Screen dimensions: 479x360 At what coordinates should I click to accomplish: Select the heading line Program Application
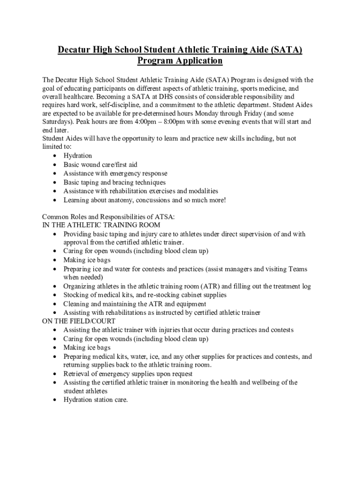pyautogui.click(x=180, y=61)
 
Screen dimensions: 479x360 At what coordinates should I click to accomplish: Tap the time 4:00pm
pyautogui.click(x=140, y=122)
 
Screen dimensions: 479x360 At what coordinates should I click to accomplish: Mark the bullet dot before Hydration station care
pyautogui.click(x=55, y=400)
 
